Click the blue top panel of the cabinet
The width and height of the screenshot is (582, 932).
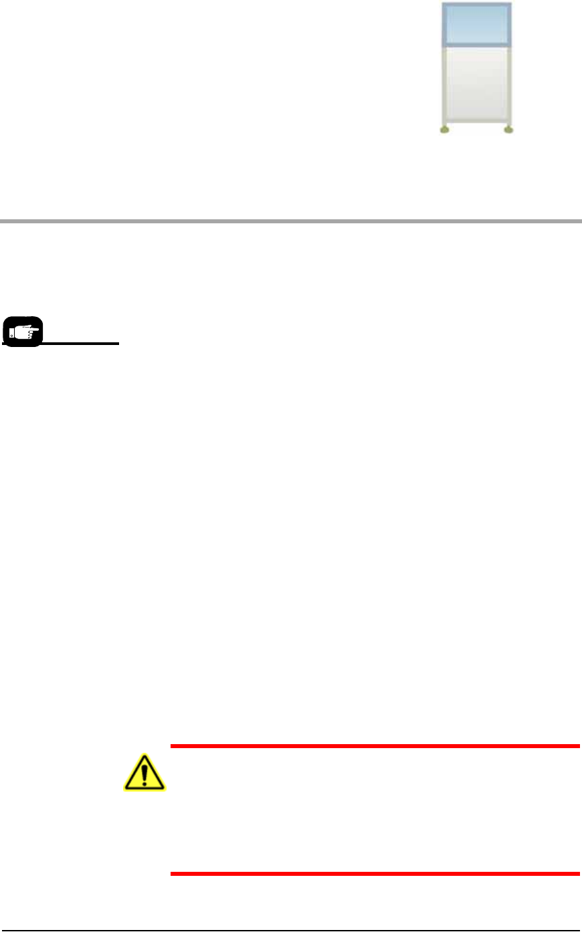[x=476, y=25]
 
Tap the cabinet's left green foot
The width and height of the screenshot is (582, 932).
[x=444, y=130]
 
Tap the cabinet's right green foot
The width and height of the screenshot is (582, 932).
[x=508, y=130]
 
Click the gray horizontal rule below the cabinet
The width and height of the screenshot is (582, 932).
[x=291, y=220]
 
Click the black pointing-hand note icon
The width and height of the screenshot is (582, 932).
[x=23, y=332]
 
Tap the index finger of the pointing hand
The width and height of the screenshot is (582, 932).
[x=33, y=328]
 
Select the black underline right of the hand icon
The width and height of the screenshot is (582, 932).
[x=80, y=344]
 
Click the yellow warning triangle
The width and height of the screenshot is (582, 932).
[x=144, y=774]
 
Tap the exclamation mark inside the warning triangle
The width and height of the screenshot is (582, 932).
[x=144, y=776]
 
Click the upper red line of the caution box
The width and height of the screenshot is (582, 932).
[x=375, y=745]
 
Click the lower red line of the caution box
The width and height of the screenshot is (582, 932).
[x=375, y=873]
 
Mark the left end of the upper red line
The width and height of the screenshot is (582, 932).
[x=172, y=745]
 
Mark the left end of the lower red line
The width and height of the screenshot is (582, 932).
[x=172, y=873]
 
